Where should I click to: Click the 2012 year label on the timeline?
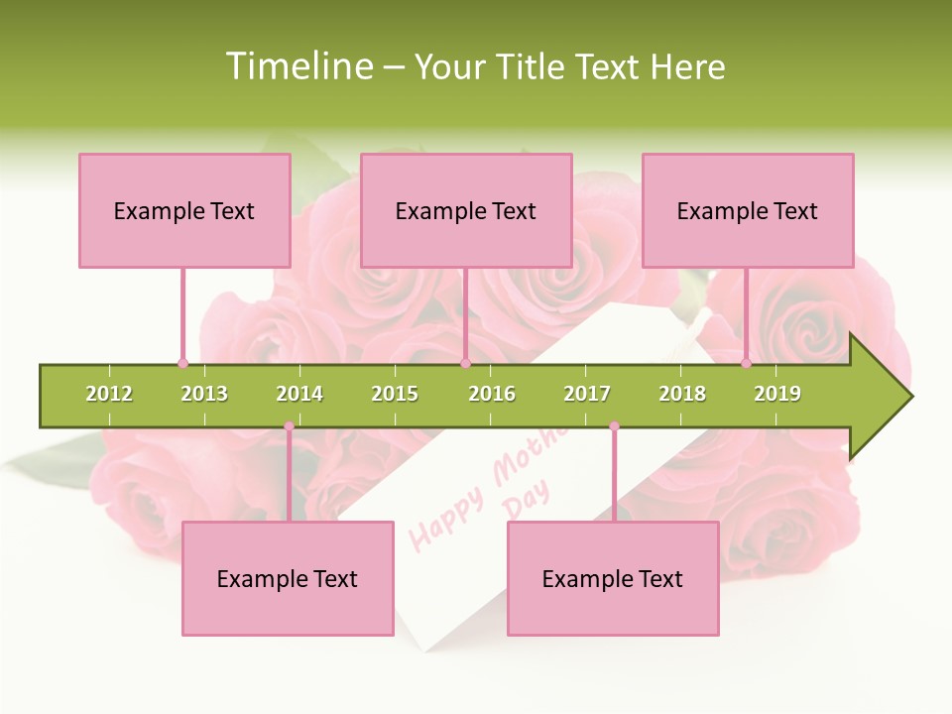(109, 394)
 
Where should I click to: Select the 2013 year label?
(204, 394)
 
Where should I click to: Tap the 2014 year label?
(299, 394)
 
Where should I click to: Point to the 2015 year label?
(395, 394)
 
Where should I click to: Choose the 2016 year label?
(492, 394)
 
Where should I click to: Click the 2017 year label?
(587, 394)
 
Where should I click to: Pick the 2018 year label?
(682, 394)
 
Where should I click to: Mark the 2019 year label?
(777, 394)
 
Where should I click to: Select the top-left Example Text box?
(184, 210)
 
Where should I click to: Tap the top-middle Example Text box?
(466, 210)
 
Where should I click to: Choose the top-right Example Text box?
(748, 210)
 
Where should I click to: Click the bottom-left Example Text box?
(288, 578)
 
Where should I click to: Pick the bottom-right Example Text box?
(613, 578)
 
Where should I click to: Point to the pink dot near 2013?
(182, 363)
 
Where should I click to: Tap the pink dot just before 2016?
(465, 363)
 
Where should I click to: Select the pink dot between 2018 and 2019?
(746, 363)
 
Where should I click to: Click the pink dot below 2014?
(289, 426)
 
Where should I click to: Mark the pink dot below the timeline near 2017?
(614, 426)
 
